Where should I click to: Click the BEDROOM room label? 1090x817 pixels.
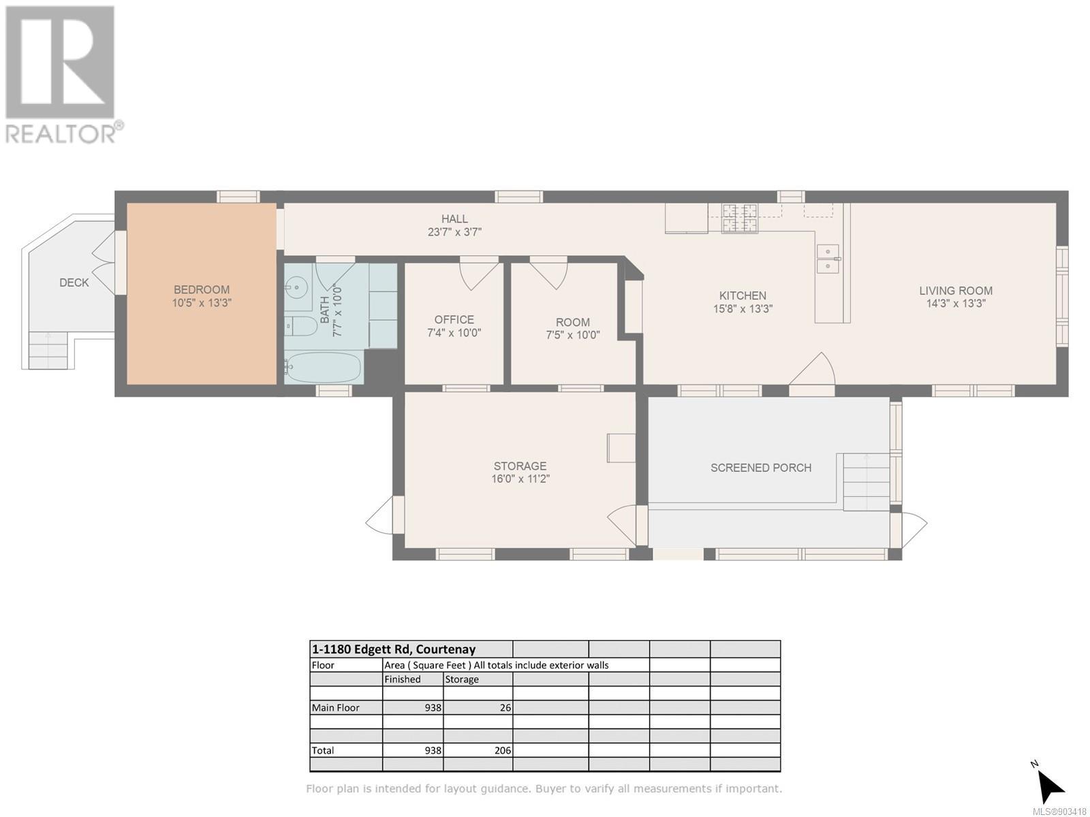click(x=202, y=290)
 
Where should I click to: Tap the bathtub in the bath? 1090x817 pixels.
click(x=324, y=368)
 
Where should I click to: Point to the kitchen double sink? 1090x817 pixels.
click(x=828, y=259)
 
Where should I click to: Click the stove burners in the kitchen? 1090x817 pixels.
click(x=739, y=219)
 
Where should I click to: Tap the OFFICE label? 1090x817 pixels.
click(x=454, y=320)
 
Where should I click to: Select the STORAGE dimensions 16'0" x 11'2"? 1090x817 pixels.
click(x=520, y=479)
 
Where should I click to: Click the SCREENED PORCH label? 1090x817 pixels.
click(x=761, y=468)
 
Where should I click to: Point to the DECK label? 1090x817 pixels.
click(x=74, y=283)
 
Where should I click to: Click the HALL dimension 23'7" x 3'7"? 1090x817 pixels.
click(x=454, y=231)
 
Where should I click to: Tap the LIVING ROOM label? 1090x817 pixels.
click(x=955, y=291)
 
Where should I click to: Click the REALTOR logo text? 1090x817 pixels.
click(x=61, y=133)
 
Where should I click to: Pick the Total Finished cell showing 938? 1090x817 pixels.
click(x=433, y=750)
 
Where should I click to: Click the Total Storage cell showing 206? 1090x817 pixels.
click(x=503, y=750)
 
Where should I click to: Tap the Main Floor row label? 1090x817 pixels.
click(x=335, y=708)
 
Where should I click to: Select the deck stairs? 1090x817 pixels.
click(x=48, y=350)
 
